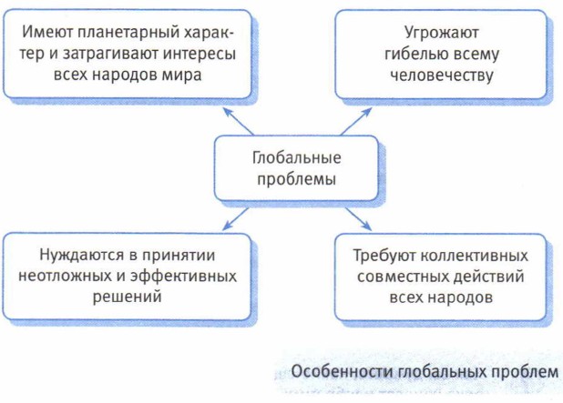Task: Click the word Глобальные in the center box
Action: [293, 156]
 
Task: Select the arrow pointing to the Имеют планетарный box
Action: [239, 118]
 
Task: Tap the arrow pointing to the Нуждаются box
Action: [235, 217]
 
